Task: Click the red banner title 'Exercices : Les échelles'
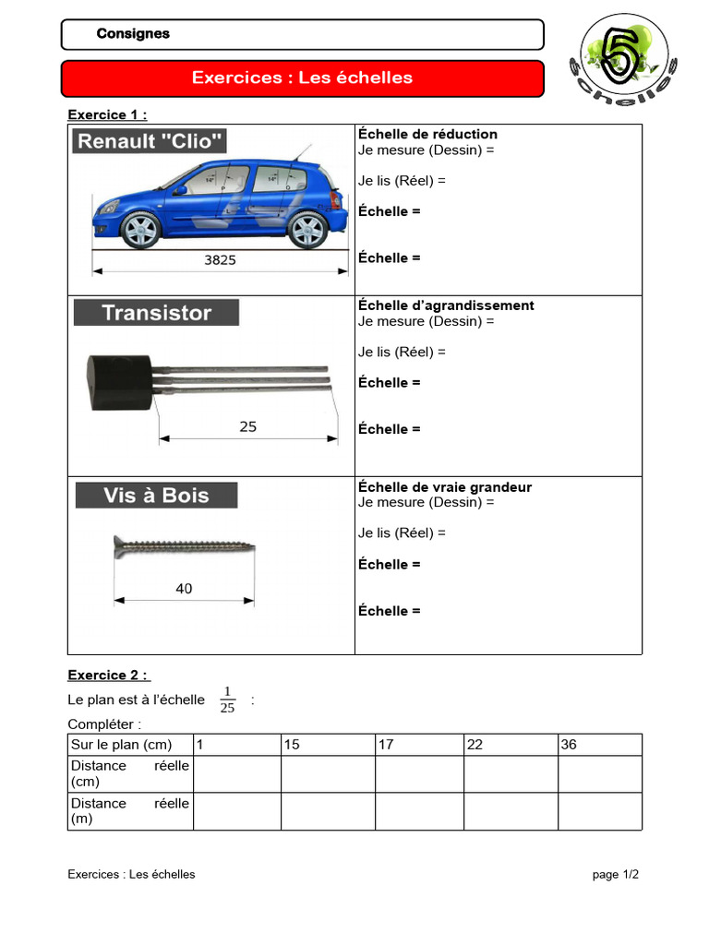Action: pos(302,78)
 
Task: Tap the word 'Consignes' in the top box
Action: pos(133,34)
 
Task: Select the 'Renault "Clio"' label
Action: pos(150,141)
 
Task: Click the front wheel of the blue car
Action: pos(140,230)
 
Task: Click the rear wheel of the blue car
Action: pos(306,230)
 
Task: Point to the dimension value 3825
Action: pos(220,260)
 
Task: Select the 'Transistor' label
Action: pos(156,313)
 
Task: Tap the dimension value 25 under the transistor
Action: pos(247,426)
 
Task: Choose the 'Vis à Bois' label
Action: pos(156,496)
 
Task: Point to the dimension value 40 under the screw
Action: pos(184,589)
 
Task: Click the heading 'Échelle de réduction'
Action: pos(427,135)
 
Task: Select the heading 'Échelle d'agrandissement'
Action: pos(446,305)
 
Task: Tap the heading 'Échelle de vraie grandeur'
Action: pos(445,487)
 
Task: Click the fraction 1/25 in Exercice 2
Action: pos(227,700)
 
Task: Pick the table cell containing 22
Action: pos(510,745)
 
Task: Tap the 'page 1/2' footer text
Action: pos(615,874)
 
